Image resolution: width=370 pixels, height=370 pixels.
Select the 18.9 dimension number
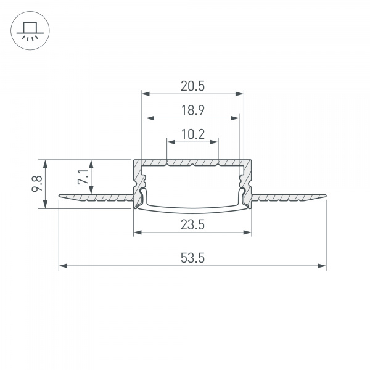pyautogui.click(x=192, y=110)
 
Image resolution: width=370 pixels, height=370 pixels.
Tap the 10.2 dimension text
pyautogui.click(x=192, y=134)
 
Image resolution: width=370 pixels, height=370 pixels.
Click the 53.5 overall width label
pyautogui.click(x=192, y=258)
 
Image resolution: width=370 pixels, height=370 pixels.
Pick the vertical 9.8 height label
pyautogui.click(x=38, y=184)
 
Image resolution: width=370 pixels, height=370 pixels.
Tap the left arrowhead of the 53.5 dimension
pyautogui.click(x=62, y=266)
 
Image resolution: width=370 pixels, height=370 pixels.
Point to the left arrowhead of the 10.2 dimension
pyautogui.click(x=170, y=142)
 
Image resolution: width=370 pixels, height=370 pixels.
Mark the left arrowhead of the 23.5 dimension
pyautogui.click(x=137, y=232)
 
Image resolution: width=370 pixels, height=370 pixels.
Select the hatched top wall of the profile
pyautogui.click(x=192, y=163)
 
